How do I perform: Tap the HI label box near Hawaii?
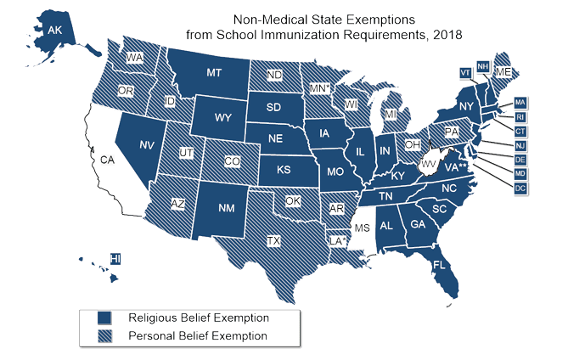click(x=116, y=258)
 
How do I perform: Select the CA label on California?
click(x=108, y=159)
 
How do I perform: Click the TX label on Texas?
click(x=274, y=241)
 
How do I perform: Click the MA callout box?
click(x=520, y=103)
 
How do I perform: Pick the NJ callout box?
click(x=520, y=145)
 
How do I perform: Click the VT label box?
click(x=464, y=71)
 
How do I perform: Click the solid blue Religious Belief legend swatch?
click(x=105, y=318)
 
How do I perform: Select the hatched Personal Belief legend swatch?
click(x=105, y=336)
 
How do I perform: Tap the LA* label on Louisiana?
click(x=337, y=241)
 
